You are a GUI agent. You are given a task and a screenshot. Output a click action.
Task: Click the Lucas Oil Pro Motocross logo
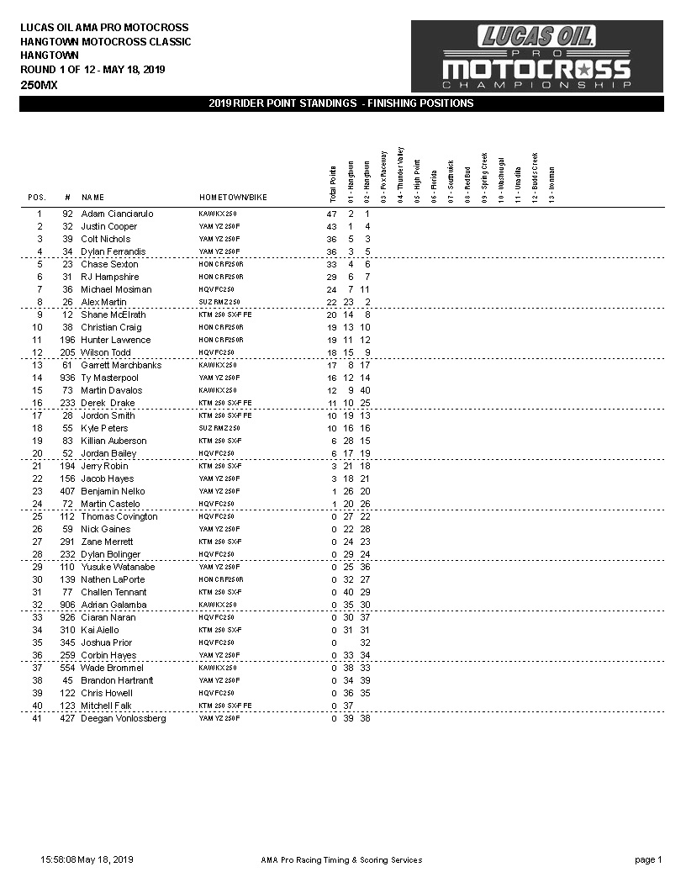tap(536, 56)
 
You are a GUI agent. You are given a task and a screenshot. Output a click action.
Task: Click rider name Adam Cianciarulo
tap(117, 214)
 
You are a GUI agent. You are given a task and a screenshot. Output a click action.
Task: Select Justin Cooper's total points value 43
tap(331, 227)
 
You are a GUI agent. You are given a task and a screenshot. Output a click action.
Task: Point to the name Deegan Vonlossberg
tap(123, 719)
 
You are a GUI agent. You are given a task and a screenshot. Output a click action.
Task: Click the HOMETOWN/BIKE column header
tap(233, 198)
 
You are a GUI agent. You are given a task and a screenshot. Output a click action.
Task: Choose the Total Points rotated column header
tap(332, 182)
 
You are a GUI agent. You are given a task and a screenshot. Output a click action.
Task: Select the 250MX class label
tap(40, 85)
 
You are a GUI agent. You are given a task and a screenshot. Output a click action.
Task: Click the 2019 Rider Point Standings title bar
tap(341, 103)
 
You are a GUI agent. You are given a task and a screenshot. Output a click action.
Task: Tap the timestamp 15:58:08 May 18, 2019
tap(87, 860)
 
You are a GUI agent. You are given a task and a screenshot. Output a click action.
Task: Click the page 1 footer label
tap(648, 860)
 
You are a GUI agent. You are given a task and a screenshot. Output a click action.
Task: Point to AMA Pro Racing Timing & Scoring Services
tap(341, 860)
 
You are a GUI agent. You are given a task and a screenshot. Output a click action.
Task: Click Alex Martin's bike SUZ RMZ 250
tap(219, 303)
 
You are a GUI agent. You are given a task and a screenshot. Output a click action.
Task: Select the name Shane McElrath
tap(113, 315)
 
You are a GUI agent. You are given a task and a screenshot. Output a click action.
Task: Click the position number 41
tap(37, 719)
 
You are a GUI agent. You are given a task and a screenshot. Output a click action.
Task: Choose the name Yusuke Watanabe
tap(119, 568)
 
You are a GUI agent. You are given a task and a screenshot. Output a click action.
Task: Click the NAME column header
tap(92, 198)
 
